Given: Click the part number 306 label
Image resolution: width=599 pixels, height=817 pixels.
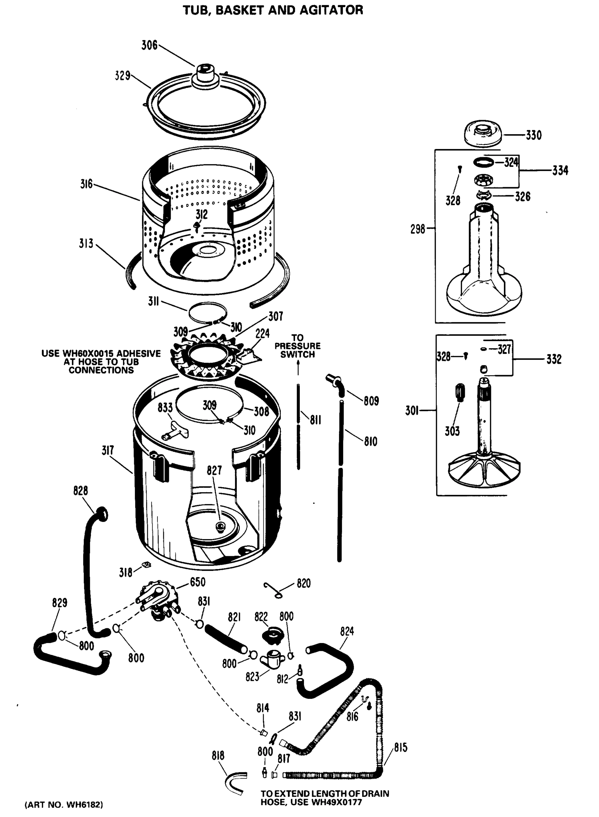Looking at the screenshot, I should coord(149,46).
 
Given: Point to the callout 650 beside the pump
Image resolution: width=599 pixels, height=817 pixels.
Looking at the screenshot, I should coord(198,582).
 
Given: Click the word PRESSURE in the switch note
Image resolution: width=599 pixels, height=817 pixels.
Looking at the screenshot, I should coord(297,346).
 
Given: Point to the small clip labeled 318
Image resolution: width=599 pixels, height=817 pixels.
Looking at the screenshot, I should coord(146,564).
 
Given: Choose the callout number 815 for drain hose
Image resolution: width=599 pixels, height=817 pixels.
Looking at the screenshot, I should coord(401,748).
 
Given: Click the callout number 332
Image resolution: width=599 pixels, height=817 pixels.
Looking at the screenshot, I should coord(553,359).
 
